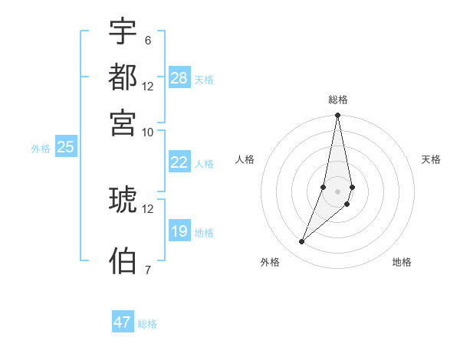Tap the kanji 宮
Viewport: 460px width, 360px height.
tap(123, 122)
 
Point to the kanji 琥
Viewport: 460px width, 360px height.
tap(123, 200)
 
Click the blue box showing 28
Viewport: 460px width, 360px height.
tap(179, 78)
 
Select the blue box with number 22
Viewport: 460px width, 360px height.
tap(179, 162)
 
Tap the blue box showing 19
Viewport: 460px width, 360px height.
tap(179, 232)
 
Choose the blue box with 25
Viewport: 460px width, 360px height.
tap(66, 148)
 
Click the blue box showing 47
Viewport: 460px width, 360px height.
tap(123, 322)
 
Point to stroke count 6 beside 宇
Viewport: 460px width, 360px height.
tap(147, 40)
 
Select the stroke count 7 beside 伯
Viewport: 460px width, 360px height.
tap(147, 270)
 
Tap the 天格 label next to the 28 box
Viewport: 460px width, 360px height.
tap(204, 80)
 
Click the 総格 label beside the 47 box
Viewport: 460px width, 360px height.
tap(147, 324)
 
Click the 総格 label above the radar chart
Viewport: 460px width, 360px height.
tap(337, 100)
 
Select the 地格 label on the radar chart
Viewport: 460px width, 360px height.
tap(402, 262)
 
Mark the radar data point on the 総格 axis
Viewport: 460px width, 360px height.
tap(337, 116)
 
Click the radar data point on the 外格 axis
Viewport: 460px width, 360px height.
tap(302, 242)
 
